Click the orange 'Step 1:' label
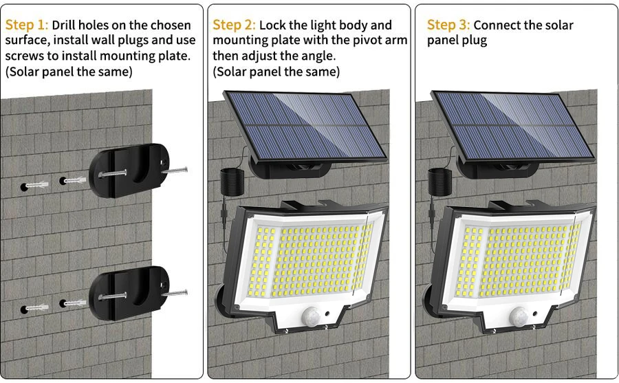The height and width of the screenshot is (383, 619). (27, 25)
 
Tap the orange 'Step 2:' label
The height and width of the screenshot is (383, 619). (234, 25)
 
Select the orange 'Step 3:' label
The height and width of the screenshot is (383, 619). (448, 25)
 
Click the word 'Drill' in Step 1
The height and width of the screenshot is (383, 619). (67, 25)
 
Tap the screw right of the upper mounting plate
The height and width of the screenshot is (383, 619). (177, 168)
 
